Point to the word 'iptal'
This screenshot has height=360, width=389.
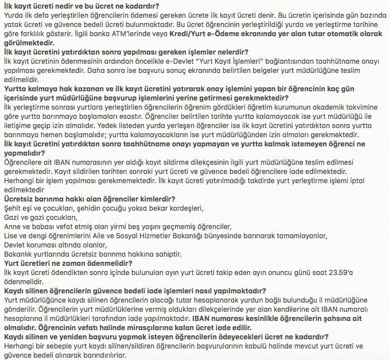click(x=373, y=180)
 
